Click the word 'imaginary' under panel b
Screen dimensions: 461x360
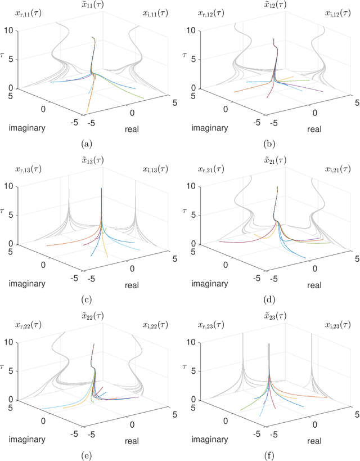click(209, 128)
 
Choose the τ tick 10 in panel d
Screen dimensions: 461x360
click(197, 186)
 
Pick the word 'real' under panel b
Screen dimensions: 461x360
click(314, 129)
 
